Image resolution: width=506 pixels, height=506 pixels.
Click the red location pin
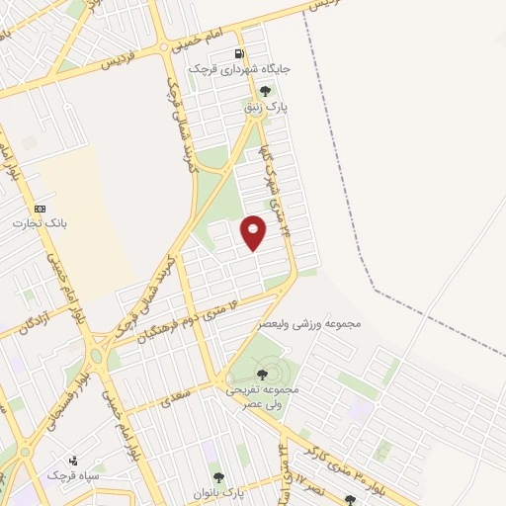point(254,231)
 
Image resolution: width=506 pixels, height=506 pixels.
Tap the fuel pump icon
point(240,54)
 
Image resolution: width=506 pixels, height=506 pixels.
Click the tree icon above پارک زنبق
point(264,91)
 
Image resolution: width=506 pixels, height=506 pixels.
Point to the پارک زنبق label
point(264,107)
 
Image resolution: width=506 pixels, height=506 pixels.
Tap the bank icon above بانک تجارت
point(40,210)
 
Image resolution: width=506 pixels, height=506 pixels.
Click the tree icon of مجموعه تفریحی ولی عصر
point(262,374)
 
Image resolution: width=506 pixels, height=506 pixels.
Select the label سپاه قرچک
point(73,475)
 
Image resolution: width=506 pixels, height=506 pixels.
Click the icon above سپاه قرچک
point(74,460)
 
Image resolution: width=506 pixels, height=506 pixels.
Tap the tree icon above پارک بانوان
point(218,476)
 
